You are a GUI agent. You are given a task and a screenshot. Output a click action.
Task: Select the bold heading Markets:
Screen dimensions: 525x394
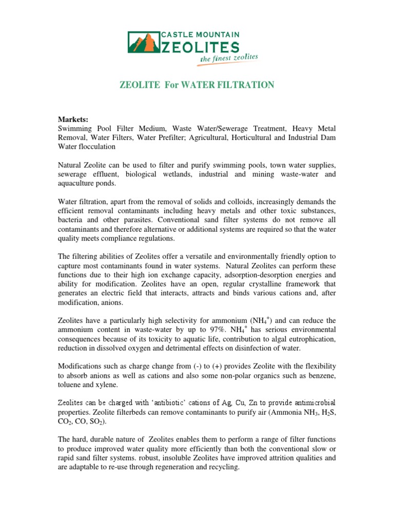pos(73,119)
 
